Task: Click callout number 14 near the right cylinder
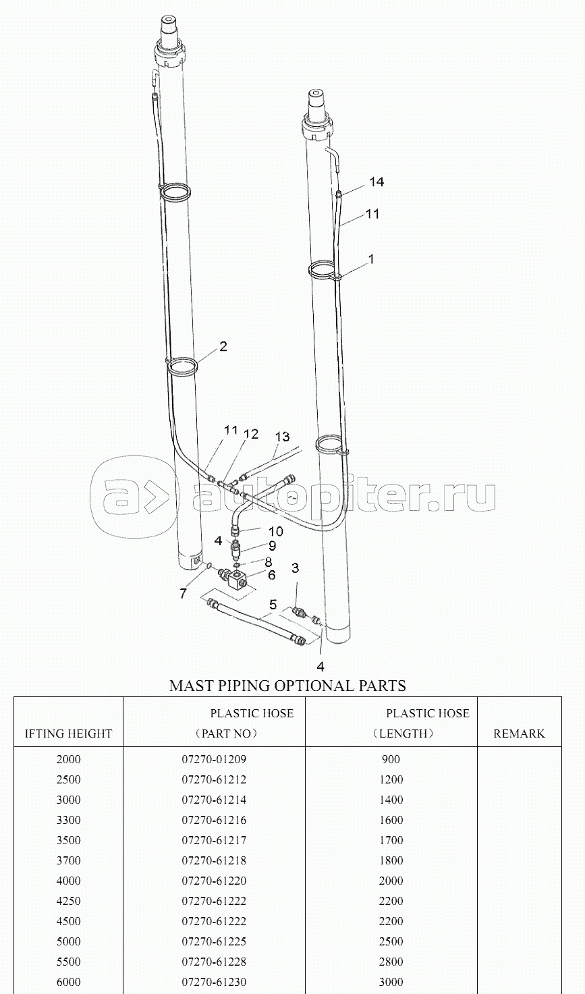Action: coord(377,182)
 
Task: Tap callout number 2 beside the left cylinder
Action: coord(223,346)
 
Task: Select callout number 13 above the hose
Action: coord(282,437)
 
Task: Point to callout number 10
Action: coord(275,531)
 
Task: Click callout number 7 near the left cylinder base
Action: coord(184,593)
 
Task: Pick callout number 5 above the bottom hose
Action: coord(273,605)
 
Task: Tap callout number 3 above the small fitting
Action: coord(295,568)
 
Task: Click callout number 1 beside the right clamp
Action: coord(372,258)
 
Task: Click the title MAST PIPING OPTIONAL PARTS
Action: coord(287,686)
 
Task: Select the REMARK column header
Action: coord(519,734)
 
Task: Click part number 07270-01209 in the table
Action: coord(214,759)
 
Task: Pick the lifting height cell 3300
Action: coord(68,820)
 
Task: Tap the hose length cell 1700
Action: coord(391,840)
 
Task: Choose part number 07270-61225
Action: coord(214,941)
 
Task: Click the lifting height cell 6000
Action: coord(68,983)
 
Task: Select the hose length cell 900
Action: coord(391,759)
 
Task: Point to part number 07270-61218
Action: coord(214,861)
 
